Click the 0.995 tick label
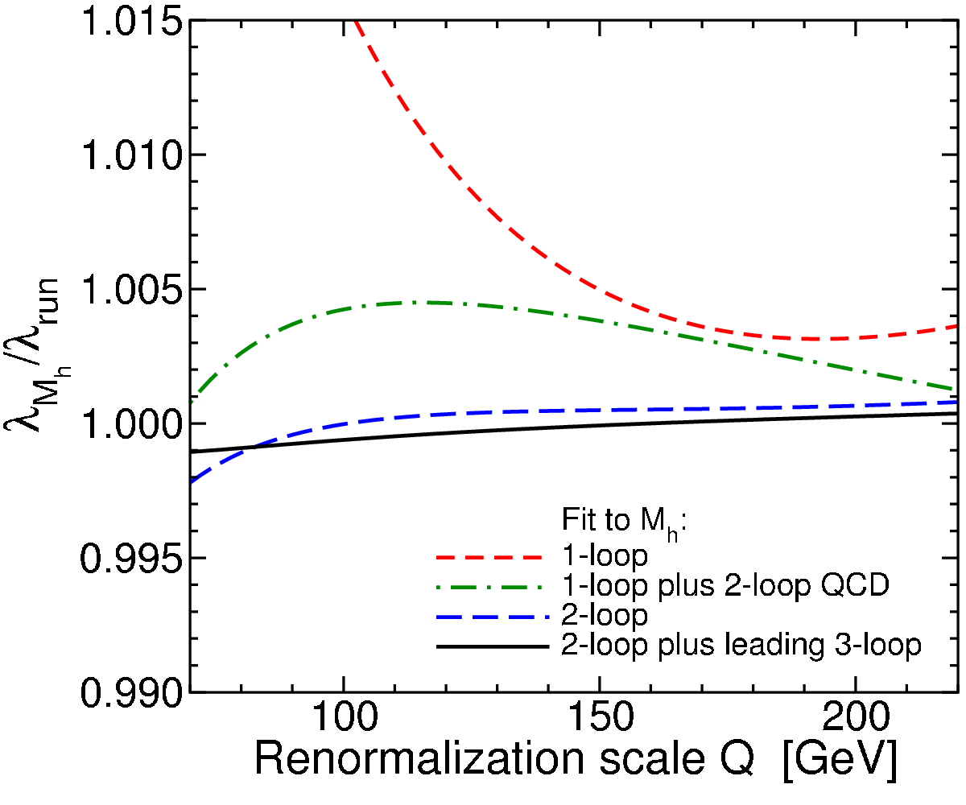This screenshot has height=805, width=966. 131,558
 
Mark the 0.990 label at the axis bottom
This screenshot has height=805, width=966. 131,692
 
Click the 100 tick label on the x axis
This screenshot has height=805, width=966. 345,716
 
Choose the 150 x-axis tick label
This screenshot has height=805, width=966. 601,716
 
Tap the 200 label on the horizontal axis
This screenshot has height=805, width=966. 856,716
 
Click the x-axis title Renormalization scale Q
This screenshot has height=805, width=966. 504,760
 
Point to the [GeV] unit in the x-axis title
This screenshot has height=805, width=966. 840,761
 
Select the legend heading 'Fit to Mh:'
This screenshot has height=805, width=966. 624,522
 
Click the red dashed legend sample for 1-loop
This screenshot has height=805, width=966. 489,558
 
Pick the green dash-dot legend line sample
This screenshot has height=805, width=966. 490,587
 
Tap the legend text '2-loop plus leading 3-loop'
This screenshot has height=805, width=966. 741,646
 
